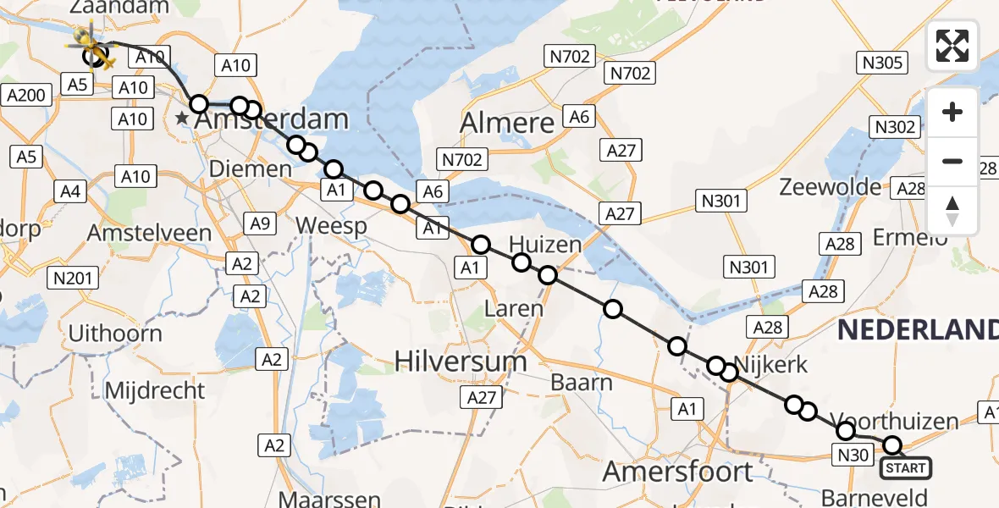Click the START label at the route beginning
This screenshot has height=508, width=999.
(x=906, y=467)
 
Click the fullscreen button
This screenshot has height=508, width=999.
(x=952, y=46)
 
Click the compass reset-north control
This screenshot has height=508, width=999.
(x=952, y=211)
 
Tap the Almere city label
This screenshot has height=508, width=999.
(x=507, y=123)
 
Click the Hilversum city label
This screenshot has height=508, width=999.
(x=461, y=362)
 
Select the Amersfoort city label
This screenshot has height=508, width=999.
(x=678, y=471)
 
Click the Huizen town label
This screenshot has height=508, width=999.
(x=545, y=246)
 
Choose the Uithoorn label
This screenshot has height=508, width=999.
(x=114, y=333)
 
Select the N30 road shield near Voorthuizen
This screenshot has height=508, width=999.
(x=853, y=456)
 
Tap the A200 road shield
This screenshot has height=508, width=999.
(x=25, y=97)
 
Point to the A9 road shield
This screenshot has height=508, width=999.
(x=260, y=224)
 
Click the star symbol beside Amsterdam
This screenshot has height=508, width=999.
(x=182, y=119)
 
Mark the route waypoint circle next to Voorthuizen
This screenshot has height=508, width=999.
(x=846, y=431)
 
